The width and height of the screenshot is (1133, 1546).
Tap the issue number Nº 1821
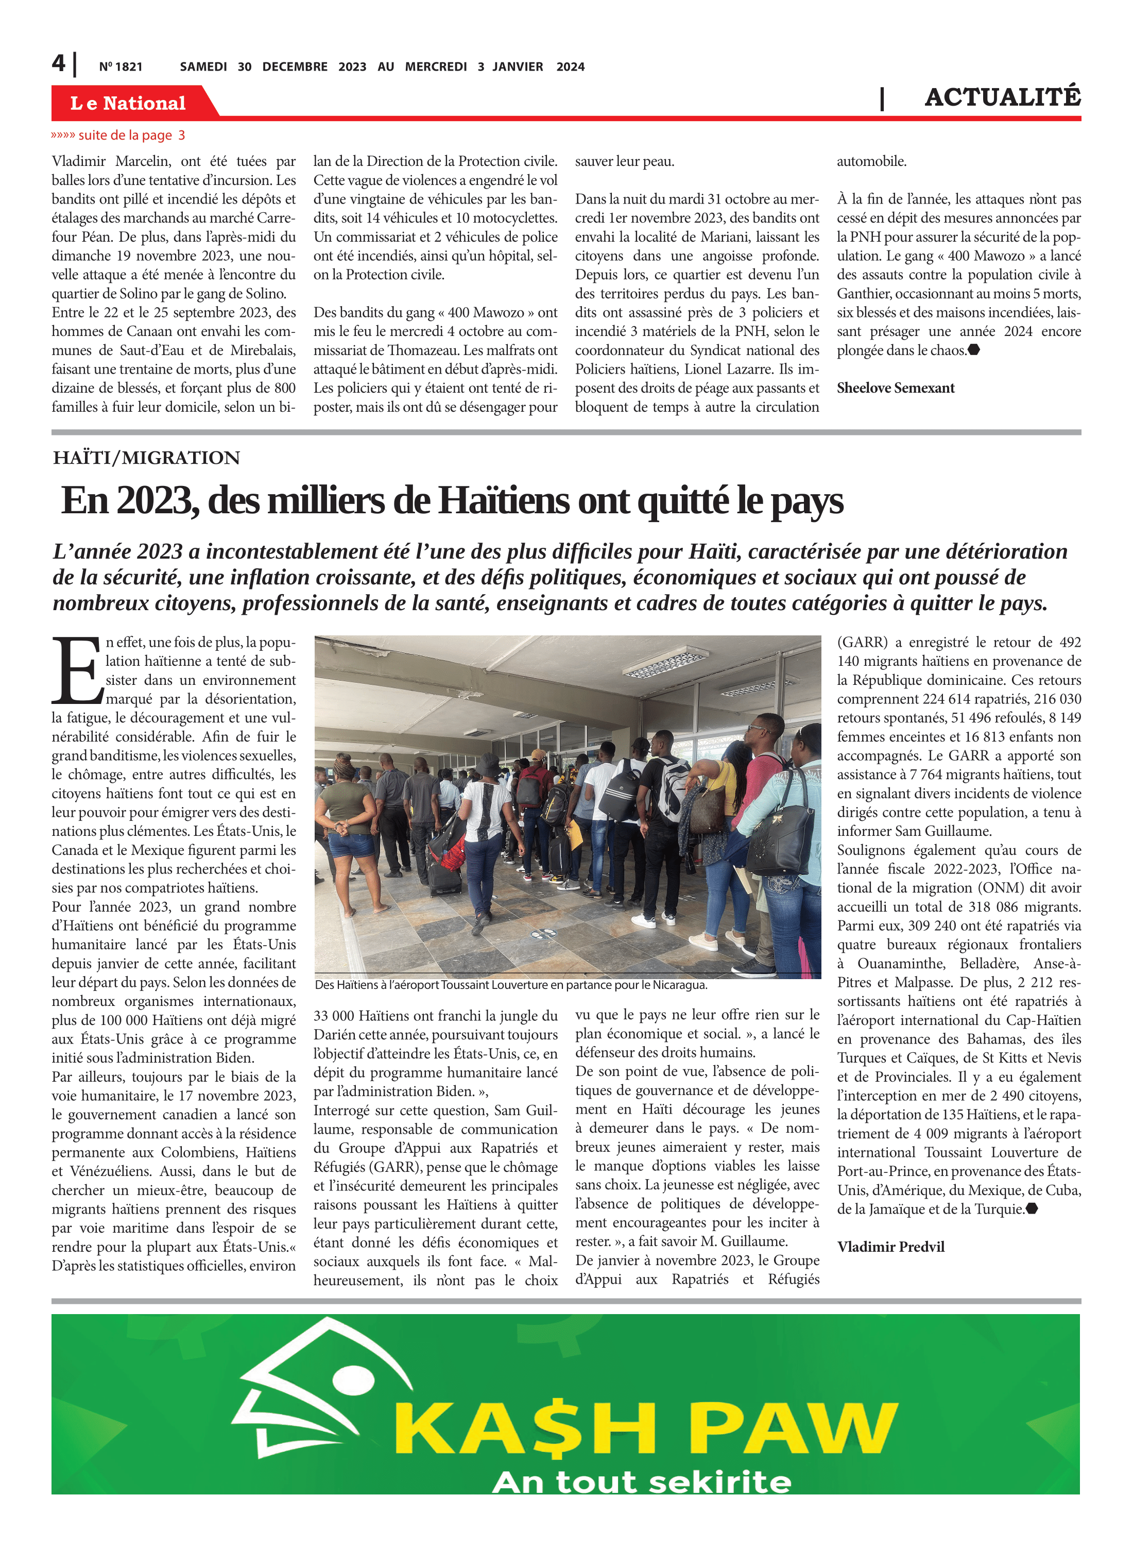(121, 66)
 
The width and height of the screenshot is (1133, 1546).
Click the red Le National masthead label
(128, 103)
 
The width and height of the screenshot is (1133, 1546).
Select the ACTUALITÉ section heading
(1002, 97)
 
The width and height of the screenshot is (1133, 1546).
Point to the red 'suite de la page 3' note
(118, 135)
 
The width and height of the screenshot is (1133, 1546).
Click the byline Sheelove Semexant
(895, 388)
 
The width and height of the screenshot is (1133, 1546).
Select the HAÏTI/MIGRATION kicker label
(147, 458)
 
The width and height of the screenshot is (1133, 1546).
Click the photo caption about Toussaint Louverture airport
(511, 985)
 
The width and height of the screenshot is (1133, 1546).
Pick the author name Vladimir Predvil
(890, 1247)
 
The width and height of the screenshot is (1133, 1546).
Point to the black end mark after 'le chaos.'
(974, 350)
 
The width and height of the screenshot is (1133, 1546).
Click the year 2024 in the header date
(570, 66)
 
